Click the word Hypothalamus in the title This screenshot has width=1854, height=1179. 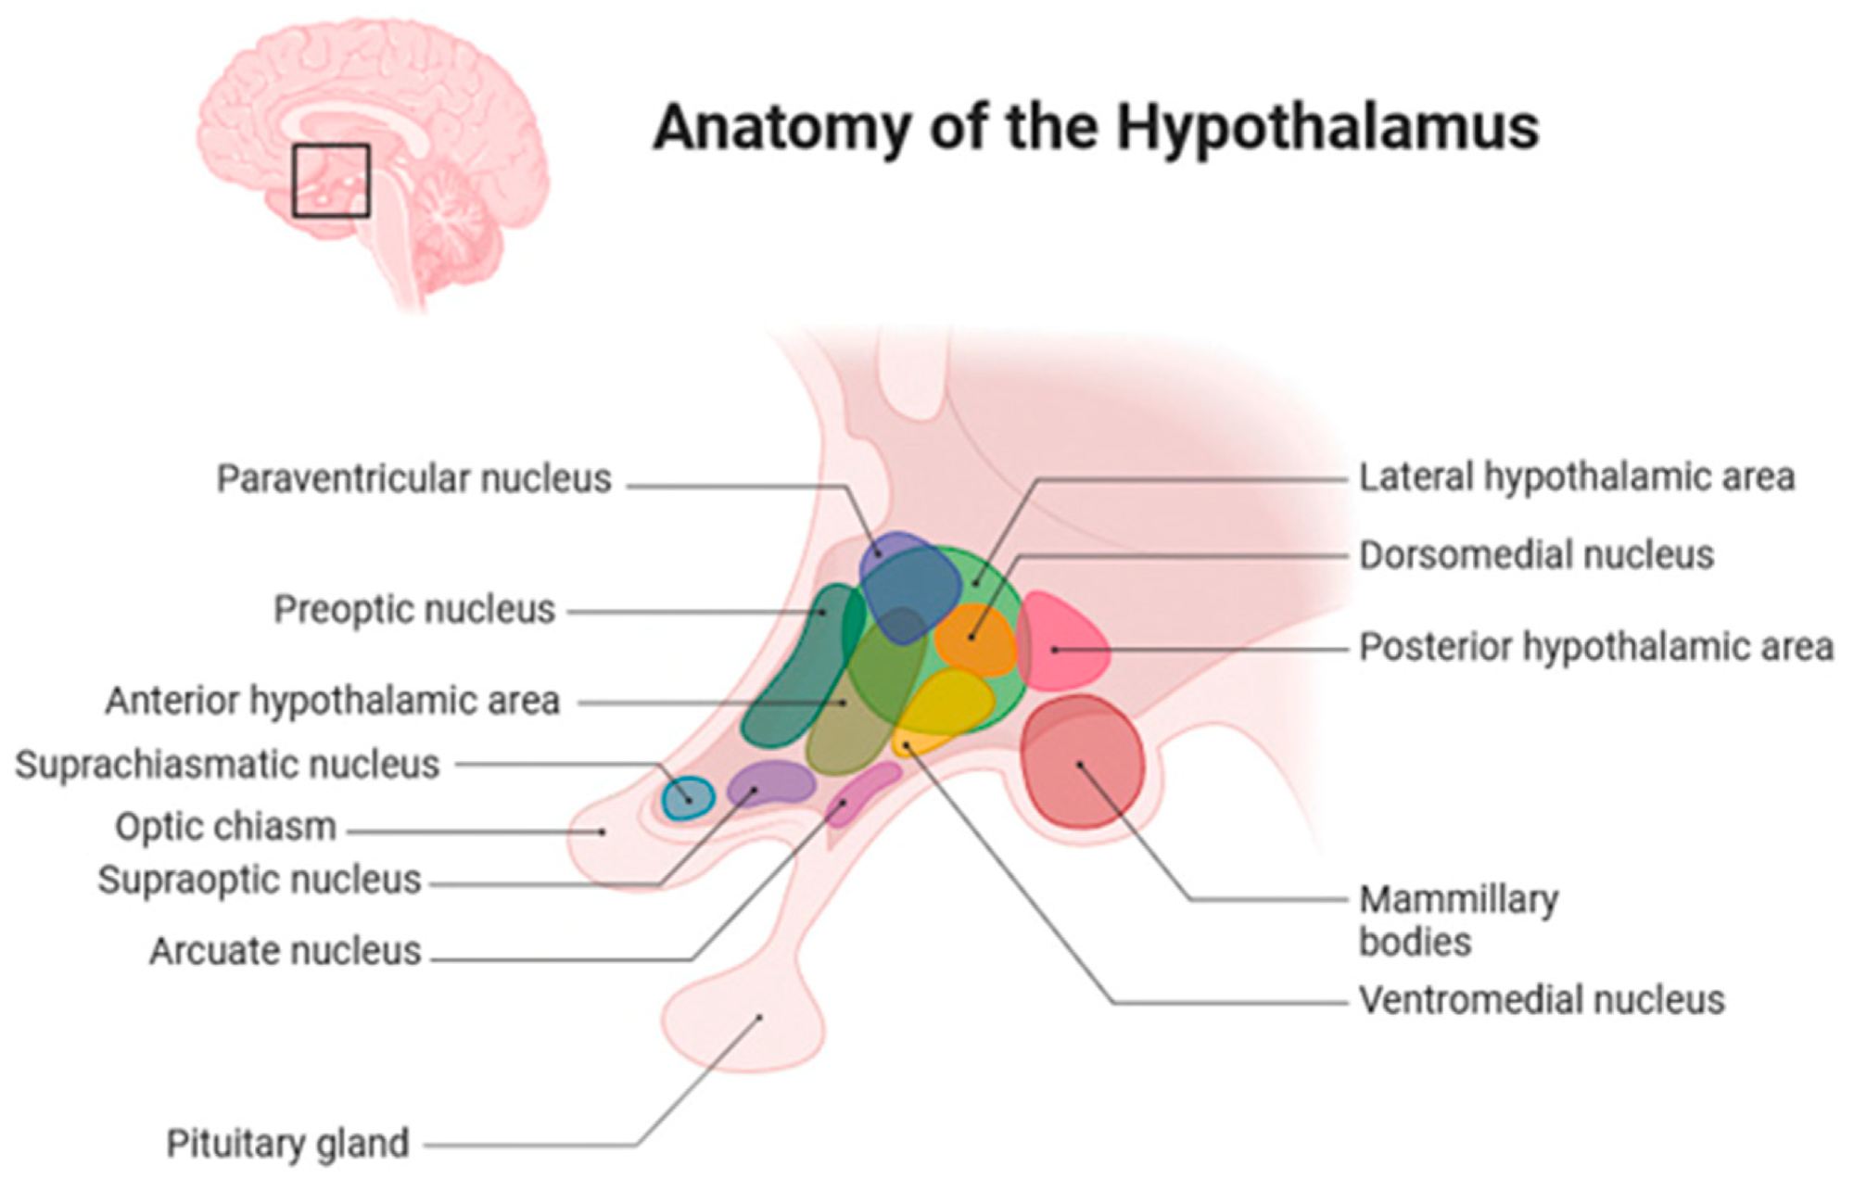(1327, 128)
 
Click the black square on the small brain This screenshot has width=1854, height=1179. (331, 181)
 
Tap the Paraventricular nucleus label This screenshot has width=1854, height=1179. (413, 479)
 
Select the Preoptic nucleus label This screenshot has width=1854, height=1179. (413, 610)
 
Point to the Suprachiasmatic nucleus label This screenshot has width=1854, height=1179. (227, 765)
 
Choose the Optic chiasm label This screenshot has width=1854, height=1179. (225, 827)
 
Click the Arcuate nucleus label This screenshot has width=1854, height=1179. (286, 951)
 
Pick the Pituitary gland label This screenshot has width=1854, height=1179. (287, 1144)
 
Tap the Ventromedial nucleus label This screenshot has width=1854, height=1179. (1542, 1000)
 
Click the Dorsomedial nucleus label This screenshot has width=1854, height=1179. (1536, 555)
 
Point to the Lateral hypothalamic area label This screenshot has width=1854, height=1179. (1576, 477)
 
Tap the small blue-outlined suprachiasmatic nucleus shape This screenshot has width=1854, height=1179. (689, 798)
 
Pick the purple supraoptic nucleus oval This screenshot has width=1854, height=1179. (771, 784)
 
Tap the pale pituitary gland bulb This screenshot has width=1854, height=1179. (742, 1024)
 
